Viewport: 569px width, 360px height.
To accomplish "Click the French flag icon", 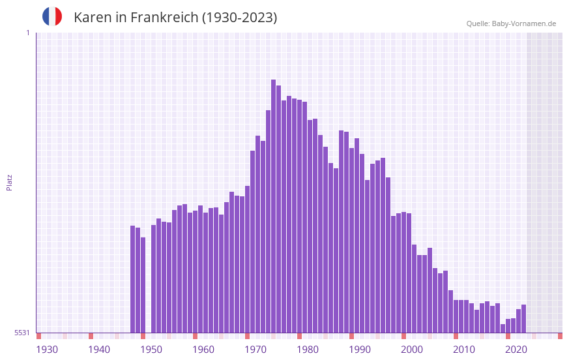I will tap(52, 17).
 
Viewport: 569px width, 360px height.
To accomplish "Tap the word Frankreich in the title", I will tap(164, 18).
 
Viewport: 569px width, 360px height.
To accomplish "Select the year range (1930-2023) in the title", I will tap(239, 18).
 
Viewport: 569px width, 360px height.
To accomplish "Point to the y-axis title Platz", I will tap(9, 182).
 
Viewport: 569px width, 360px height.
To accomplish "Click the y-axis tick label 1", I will tap(27, 33).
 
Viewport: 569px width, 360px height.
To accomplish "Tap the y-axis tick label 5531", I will tap(22, 333).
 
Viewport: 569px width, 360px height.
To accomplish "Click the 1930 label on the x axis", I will tap(47, 350).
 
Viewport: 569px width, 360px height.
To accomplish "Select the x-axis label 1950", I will tap(151, 350).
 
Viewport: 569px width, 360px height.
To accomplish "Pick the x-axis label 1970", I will tap(255, 350).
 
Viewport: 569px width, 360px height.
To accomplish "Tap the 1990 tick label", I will tap(360, 350).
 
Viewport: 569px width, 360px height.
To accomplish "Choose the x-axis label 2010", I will tap(464, 350).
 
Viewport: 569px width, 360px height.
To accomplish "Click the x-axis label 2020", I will tap(516, 350).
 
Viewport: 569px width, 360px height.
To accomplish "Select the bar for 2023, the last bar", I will tap(523, 319).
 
